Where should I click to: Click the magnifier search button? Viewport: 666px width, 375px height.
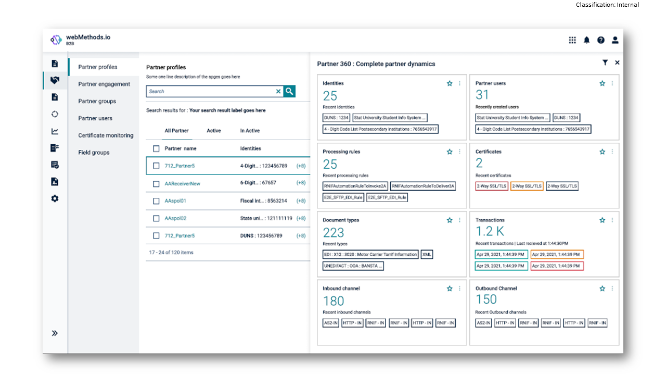pos(289,91)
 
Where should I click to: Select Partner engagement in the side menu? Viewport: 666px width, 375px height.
pos(104,84)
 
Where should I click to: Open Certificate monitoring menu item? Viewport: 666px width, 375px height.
pos(106,135)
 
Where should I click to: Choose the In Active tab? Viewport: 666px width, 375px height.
pos(250,131)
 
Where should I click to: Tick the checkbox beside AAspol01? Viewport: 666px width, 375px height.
pos(156,201)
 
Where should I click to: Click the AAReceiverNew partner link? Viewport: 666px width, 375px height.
pos(182,183)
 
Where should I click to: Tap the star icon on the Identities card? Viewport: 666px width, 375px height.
pos(450,83)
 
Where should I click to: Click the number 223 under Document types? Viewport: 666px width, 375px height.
pos(334,232)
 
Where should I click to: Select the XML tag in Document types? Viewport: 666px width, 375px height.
pos(427,254)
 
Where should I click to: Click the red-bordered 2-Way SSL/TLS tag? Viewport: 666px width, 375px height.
pos(492,186)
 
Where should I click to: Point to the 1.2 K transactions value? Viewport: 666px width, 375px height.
pos(490,231)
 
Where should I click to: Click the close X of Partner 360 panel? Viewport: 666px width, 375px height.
pos(617,63)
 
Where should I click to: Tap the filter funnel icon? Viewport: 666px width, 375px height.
pos(605,63)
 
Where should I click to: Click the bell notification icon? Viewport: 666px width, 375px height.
pos(586,40)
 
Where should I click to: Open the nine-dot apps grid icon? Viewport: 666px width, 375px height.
pos(572,40)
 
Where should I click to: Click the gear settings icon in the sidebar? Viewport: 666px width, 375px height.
pos(55,198)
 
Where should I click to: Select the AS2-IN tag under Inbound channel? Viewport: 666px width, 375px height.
pos(330,323)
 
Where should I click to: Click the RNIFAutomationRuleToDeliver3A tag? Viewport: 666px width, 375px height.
pos(423,186)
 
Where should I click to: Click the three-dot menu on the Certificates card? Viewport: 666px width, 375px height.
pos(612,152)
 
